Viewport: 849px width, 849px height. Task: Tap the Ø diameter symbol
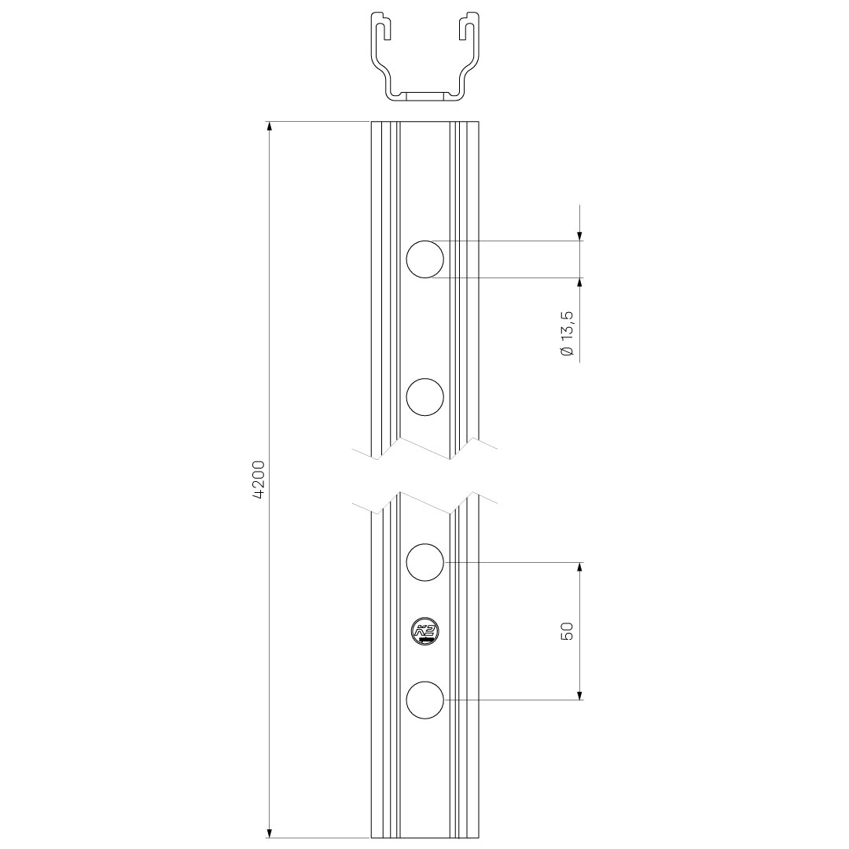point(568,351)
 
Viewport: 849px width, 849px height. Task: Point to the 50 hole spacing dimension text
point(568,630)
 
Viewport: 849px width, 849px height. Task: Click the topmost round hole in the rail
point(424,259)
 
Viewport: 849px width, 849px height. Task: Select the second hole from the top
point(424,396)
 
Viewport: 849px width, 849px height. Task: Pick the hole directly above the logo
point(424,562)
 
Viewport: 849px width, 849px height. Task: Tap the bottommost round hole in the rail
point(424,699)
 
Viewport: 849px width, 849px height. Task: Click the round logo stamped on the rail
point(425,630)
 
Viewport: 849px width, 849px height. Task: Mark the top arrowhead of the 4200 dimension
point(270,127)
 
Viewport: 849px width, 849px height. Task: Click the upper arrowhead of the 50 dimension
point(580,568)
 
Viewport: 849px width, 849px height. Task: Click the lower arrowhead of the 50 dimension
point(580,693)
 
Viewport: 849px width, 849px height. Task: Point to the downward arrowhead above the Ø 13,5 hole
point(580,235)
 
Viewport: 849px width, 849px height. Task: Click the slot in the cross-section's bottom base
point(425,97)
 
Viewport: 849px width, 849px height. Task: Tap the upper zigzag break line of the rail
point(424,448)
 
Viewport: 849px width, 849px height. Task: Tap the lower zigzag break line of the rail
point(424,503)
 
